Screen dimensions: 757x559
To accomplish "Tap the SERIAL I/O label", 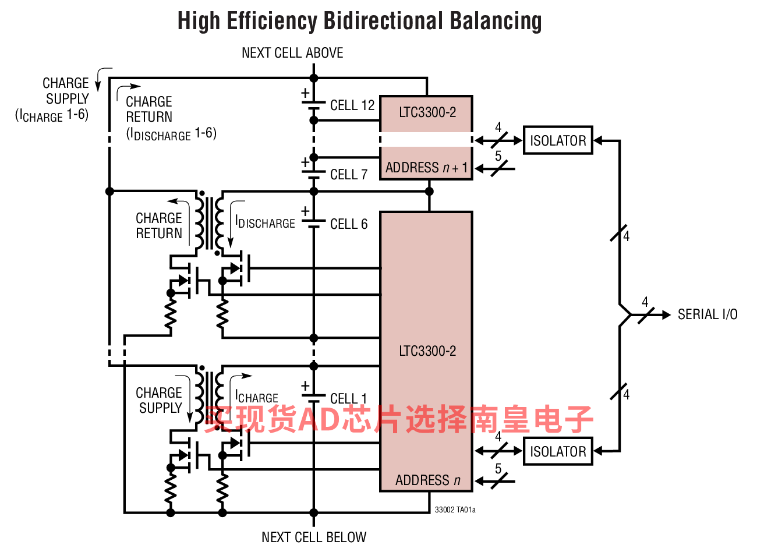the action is coord(707,314).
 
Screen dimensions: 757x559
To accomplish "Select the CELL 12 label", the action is coord(352,105).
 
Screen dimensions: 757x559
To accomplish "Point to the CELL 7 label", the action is coord(348,174).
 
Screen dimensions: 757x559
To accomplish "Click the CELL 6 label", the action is coord(348,224).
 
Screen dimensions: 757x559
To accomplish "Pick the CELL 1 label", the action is coord(348,398).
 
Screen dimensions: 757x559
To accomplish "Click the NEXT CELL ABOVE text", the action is coord(292,53).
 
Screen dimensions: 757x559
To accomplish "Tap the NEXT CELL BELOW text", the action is coord(314,537).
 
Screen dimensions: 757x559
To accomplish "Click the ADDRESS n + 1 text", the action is coord(426,168).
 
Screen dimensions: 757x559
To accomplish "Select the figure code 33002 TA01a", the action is coord(455,510).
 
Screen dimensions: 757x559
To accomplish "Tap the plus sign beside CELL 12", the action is coord(305,93).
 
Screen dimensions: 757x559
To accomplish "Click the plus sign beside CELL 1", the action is coord(305,385).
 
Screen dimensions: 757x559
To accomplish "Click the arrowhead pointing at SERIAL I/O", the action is coord(666,314).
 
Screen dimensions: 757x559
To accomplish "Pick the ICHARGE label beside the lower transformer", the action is coord(256,397).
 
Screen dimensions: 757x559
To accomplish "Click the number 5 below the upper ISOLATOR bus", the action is coord(498,156).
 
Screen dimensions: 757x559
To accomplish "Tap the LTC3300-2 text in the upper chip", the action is coord(427,112).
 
